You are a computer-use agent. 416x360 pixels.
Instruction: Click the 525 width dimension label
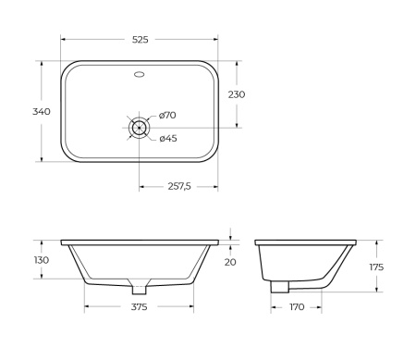tap(139, 41)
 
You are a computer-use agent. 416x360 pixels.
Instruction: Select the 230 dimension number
tap(237, 94)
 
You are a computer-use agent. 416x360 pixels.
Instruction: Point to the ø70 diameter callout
tap(167, 115)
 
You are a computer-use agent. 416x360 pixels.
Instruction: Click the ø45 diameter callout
tap(167, 139)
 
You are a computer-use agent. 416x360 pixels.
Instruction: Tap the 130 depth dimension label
tap(42, 260)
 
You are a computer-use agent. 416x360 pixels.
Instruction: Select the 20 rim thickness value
tap(230, 261)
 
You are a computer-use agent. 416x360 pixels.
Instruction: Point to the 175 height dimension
tap(376, 267)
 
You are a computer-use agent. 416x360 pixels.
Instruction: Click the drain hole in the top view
tap(139, 128)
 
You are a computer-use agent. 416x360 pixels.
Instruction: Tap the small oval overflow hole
tap(139, 71)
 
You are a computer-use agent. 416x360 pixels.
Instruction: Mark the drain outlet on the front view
tap(139, 284)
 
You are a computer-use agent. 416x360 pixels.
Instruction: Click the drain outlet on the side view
tap(278, 288)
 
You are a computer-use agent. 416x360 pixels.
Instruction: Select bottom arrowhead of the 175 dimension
tap(376, 290)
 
